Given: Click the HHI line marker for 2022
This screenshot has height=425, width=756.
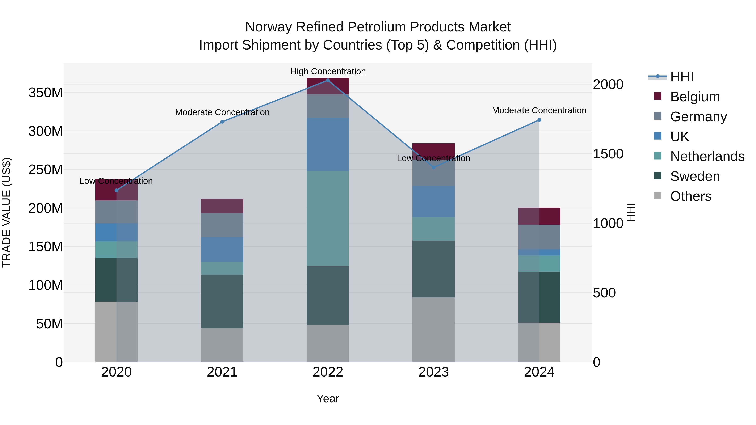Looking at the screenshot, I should [328, 80].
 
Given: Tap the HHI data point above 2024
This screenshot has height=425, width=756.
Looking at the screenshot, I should [539, 120].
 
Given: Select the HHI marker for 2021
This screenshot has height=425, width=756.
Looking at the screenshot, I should [222, 122].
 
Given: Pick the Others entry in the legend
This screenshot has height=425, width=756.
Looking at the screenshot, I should [690, 196].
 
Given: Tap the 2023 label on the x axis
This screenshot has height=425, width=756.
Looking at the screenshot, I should [433, 372].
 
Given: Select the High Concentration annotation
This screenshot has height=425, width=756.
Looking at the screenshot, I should [328, 71].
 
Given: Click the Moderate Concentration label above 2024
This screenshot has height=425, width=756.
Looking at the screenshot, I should [539, 111].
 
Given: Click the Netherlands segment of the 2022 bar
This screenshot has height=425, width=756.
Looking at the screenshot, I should [328, 218].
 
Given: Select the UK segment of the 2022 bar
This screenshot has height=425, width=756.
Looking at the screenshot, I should [328, 145].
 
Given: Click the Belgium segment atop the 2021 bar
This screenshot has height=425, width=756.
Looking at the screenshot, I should [222, 206].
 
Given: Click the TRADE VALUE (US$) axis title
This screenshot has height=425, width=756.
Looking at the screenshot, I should [7, 212].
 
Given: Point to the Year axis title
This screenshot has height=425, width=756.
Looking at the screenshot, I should [328, 399].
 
